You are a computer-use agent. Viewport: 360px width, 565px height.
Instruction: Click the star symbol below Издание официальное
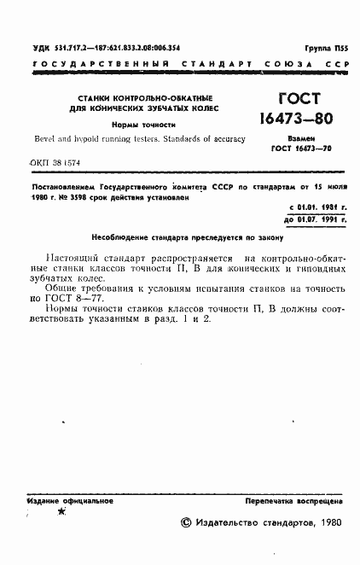point(61,513)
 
